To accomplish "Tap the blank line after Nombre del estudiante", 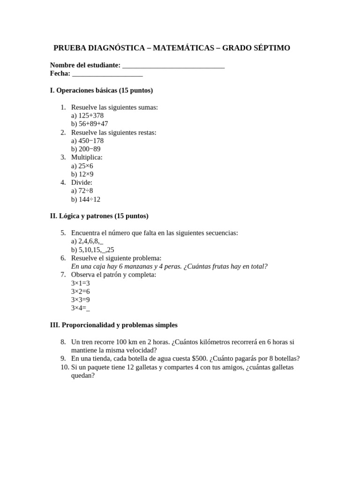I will (173, 66).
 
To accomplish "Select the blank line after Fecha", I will (107, 74).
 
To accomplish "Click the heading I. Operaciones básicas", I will (101, 90).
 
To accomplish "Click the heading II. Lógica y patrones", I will (99, 216).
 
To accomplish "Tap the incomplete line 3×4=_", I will (80, 308).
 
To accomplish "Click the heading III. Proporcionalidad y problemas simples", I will (113, 325).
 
